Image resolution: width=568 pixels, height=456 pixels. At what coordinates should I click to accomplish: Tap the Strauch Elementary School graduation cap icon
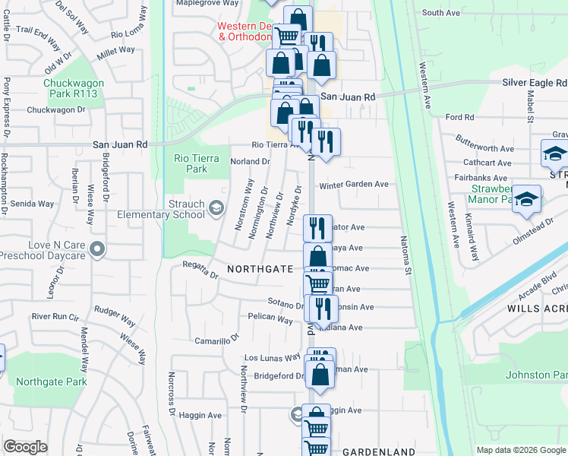(x=216, y=208)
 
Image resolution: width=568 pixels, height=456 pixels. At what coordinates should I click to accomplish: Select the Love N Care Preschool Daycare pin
(x=96, y=249)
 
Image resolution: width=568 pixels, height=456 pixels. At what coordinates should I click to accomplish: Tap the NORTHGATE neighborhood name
(x=260, y=269)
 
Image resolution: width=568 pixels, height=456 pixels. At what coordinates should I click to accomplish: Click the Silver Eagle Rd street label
(x=535, y=82)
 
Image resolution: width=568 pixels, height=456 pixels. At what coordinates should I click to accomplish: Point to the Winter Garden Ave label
(x=353, y=185)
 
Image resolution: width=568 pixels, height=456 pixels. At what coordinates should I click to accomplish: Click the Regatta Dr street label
(x=200, y=268)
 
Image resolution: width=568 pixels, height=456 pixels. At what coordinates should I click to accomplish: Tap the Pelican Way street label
(x=270, y=319)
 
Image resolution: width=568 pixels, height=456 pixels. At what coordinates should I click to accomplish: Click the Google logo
(x=25, y=447)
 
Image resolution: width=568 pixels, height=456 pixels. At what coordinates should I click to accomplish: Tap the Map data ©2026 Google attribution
(x=521, y=450)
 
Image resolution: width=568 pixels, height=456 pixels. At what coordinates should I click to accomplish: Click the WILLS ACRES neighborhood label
(x=537, y=309)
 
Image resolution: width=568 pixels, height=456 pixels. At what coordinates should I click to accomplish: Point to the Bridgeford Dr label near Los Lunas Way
(x=279, y=376)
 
